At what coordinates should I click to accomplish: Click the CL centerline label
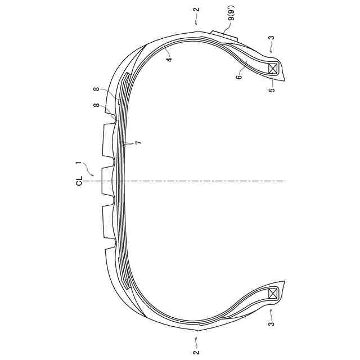pyautogui.click(x=79, y=181)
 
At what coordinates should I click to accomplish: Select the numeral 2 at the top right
pyautogui.click(x=197, y=10)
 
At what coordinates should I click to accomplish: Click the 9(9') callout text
pyautogui.click(x=231, y=15)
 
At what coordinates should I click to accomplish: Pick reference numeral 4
pyautogui.click(x=169, y=59)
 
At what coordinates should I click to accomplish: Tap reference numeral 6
pyautogui.click(x=239, y=76)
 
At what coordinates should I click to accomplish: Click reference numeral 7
pyautogui.click(x=138, y=143)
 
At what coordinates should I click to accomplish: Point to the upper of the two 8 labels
pyautogui.click(x=97, y=89)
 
